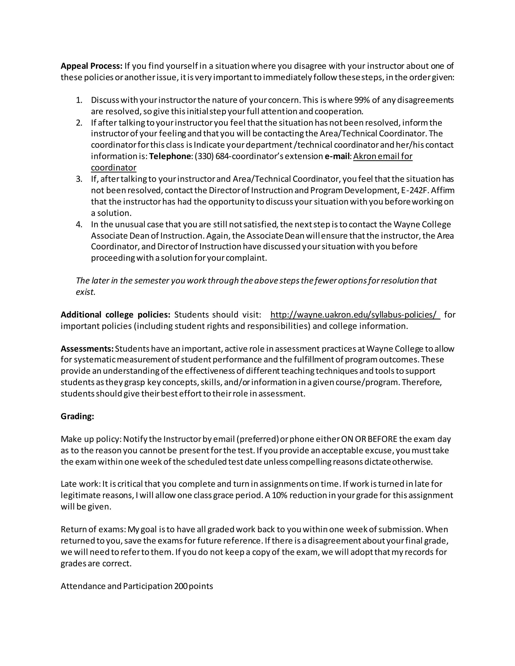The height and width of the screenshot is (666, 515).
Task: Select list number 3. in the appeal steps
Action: pos(79,179)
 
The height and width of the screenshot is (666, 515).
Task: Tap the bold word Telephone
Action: pos(170,156)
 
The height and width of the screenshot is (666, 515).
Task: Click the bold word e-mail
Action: pos(337,156)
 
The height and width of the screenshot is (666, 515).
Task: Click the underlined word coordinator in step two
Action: pos(113,168)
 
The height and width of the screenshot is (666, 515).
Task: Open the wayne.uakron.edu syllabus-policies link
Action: pos(353,314)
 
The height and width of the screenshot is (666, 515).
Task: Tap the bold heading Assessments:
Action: pos(87,349)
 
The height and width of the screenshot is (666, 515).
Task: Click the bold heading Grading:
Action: pos(77,416)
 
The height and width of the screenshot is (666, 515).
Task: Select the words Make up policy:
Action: pos(91,439)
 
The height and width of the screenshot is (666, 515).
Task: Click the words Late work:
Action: pos(80,484)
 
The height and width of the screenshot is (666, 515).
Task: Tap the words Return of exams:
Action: pos(93,529)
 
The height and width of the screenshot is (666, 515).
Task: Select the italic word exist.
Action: pos(85,292)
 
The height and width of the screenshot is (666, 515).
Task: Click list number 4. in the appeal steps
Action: pos(79,224)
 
